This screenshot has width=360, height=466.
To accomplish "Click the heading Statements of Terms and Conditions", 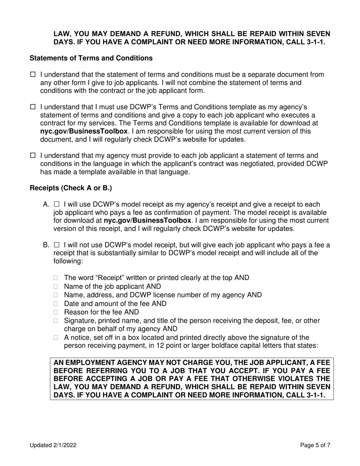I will click(x=91, y=58).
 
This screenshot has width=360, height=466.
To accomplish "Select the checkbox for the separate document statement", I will click(x=32, y=75).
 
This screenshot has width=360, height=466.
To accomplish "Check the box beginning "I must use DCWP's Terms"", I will click(x=32, y=108).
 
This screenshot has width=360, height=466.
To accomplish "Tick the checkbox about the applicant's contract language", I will click(x=32, y=155).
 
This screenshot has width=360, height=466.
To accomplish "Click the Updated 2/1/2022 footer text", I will click(x=53, y=446).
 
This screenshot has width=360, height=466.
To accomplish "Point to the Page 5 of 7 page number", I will click(x=315, y=446).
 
